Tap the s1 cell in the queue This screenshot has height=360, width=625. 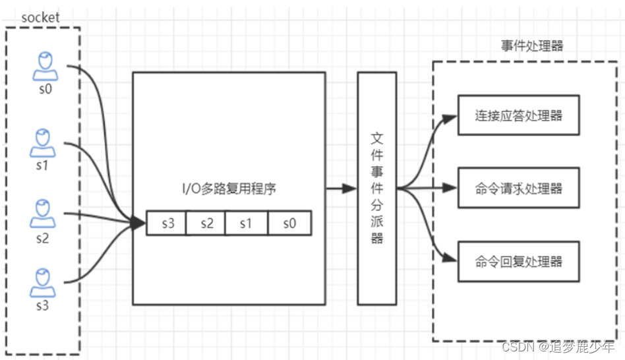[245, 224]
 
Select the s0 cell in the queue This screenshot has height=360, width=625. [289, 224]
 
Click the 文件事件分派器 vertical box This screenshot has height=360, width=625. [376, 188]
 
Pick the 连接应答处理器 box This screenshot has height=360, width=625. [518, 115]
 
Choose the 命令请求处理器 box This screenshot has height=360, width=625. [518, 188]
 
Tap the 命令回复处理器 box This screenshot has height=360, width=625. [518, 261]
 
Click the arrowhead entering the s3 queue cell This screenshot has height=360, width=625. [139, 224]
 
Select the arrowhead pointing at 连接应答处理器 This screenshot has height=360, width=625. [451, 119]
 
